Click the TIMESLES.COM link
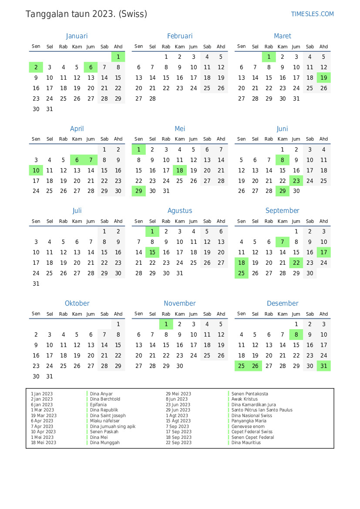coord(312,14)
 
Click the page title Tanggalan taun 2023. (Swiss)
coord(86,14)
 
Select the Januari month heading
coord(77,36)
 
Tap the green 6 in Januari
coord(91,67)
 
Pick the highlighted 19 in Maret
coord(323,78)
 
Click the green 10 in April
coord(36,170)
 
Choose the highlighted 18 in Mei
coord(180,170)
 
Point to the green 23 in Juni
coord(296,181)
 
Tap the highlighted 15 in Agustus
coord(152,253)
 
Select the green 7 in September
coord(283,242)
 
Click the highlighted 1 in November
coord(166,324)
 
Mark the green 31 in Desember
coord(323,366)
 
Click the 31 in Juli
coord(36,283)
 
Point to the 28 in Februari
coord(152,98)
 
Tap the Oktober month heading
coord(77,303)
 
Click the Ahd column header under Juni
coord(323,139)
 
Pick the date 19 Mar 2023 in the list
coord(44,415)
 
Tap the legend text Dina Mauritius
coord(246,443)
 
